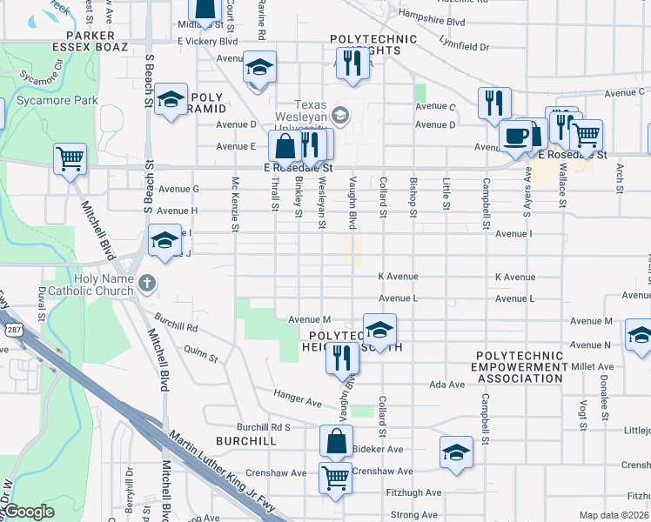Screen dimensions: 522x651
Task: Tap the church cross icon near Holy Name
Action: [x=147, y=283]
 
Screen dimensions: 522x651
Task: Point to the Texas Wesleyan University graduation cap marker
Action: [x=341, y=115]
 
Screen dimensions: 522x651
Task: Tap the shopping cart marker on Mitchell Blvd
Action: [x=70, y=159]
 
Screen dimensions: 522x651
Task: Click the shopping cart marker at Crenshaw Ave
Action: [x=335, y=477]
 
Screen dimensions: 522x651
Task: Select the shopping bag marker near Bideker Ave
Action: [x=336, y=441]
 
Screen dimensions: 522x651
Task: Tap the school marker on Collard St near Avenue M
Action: [x=379, y=330]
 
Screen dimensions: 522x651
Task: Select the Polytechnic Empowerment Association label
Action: [x=521, y=366]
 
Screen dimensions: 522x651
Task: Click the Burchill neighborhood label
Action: [x=246, y=441]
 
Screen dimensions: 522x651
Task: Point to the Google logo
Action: [x=29, y=512]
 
